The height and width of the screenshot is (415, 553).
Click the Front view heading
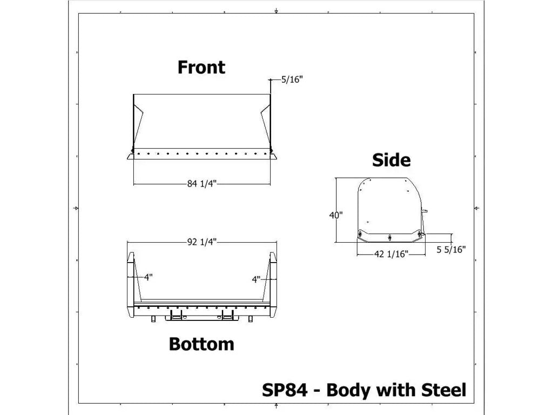pos(201,68)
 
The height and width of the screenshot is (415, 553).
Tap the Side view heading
pos(391,160)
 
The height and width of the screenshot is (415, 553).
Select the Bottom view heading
pos(201,344)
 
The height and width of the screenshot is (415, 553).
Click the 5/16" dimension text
pos(292,80)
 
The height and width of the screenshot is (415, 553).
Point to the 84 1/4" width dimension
pos(201,184)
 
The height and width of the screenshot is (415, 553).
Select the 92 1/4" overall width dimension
pos(201,242)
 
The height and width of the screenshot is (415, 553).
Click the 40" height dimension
pos(336,215)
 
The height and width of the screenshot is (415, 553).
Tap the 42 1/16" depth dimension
pos(391,252)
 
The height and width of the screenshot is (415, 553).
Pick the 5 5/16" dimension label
pos(451,250)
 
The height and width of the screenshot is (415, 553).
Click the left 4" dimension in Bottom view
pos(148,277)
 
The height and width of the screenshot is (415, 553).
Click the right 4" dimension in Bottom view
pos(256,279)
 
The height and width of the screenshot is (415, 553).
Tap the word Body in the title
pos(349,390)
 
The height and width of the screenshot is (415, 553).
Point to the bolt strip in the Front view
pos(201,154)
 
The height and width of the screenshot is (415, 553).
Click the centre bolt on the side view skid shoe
pos(389,236)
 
